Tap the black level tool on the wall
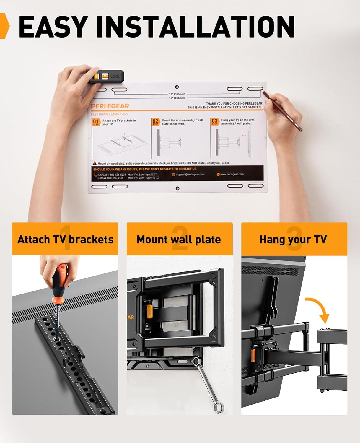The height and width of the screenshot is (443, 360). click(106, 76)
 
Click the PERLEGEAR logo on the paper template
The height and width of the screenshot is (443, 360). click(110, 106)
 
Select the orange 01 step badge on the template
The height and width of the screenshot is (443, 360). click(96, 122)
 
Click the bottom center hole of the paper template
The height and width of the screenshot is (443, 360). click(177, 188)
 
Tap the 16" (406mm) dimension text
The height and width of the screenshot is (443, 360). click(177, 98)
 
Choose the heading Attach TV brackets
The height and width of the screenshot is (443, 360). click(65, 239)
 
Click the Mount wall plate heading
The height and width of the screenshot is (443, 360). click(179, 239)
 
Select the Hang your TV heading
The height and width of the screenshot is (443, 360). click(293, 239)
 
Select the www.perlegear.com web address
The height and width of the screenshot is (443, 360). click(232, 174)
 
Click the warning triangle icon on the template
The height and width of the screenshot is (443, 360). click(95, 163)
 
